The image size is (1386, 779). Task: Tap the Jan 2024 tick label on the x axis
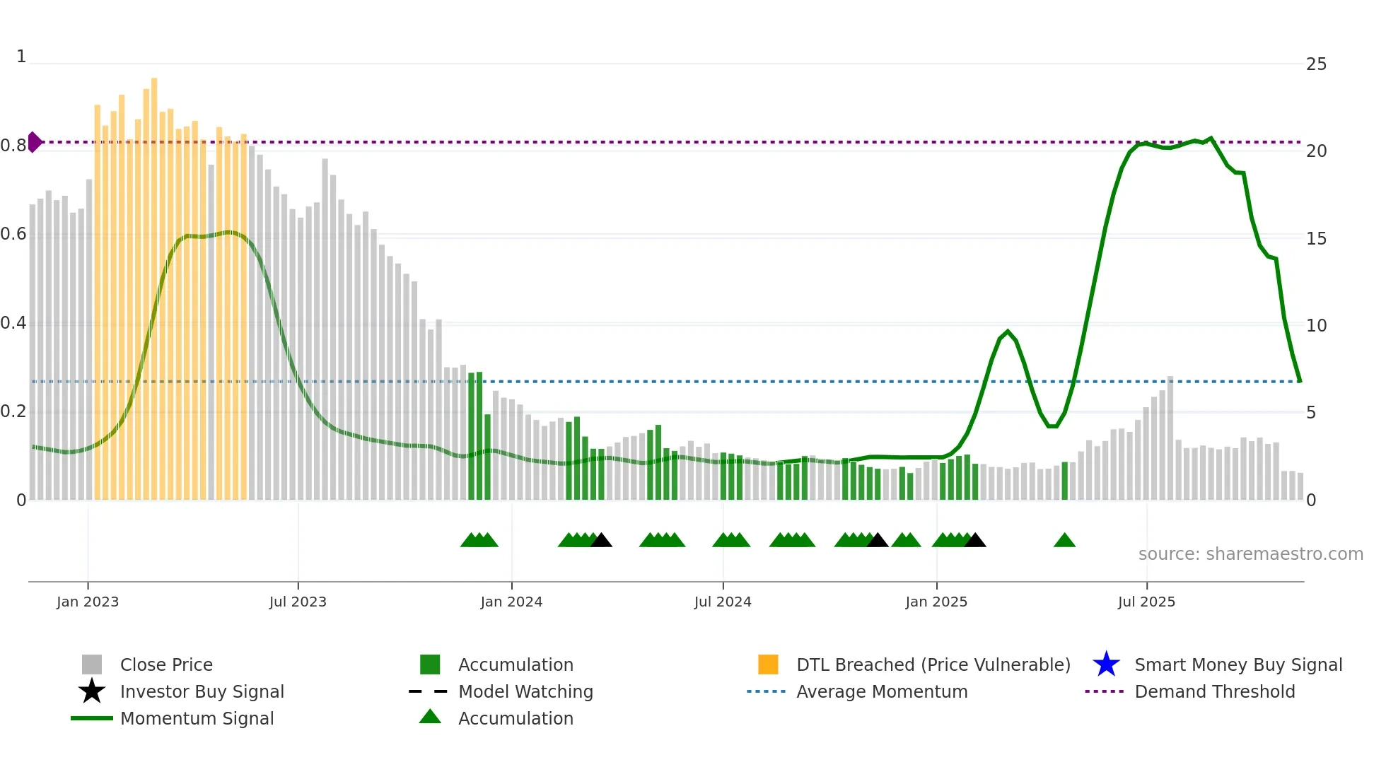(511, 602)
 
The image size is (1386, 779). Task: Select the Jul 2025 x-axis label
(1146, 602)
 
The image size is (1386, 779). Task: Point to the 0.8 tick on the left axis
(13, 146)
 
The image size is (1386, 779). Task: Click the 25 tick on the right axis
(1316, 64)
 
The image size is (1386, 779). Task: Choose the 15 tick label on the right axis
(1316, 239)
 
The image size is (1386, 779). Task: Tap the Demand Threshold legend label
(1214, 691)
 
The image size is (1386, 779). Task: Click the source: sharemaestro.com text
(1250, 554)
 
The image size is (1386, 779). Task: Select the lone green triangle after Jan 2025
(1064, 541)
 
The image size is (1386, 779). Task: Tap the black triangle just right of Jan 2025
(975, 541)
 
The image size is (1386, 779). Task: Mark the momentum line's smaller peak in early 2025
(1008, 332)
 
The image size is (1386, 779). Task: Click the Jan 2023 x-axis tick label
(88, 602)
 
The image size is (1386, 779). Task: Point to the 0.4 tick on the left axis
(13, 323)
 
